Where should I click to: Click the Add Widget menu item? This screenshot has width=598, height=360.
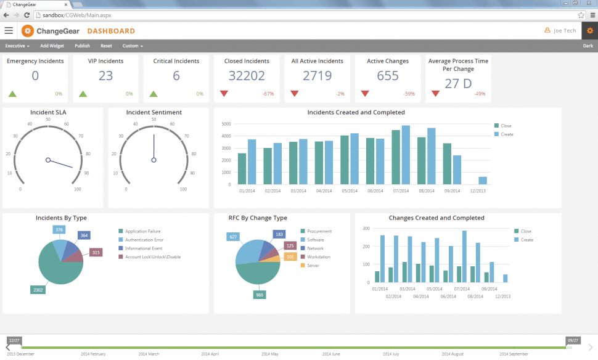52,46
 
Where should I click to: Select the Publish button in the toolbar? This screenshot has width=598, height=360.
82,46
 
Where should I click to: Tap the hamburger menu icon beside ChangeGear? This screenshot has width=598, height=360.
9,30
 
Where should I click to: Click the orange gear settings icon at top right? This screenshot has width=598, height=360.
589,30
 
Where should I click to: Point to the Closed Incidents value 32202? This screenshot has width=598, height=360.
247,76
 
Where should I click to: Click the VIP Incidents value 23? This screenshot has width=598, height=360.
105,76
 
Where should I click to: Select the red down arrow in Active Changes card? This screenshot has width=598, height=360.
365,94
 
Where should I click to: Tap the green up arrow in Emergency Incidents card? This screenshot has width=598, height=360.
12,94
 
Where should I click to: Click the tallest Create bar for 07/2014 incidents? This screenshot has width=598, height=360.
406,155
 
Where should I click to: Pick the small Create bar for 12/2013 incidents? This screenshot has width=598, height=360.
483,181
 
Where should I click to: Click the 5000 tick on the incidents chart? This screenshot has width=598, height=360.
226,124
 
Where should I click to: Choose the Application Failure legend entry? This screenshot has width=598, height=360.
142,231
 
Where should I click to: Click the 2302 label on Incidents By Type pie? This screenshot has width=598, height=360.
38,289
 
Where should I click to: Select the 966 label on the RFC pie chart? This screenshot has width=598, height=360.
259,295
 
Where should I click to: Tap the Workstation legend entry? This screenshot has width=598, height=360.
318,256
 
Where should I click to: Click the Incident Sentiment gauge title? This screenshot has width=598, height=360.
154,112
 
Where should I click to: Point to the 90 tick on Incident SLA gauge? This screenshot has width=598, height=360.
87,173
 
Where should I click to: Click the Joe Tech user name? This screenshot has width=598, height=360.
564,31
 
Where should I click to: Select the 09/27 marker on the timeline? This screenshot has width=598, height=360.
573,340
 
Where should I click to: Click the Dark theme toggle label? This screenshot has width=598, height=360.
588,46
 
